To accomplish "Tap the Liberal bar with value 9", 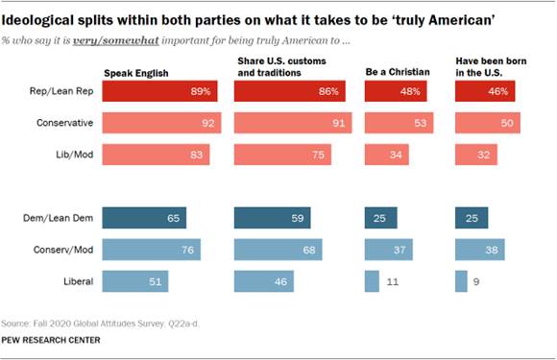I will [461, 281].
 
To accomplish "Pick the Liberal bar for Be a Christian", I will [371, 281].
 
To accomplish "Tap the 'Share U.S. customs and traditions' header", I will [272, 68].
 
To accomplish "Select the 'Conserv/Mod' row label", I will [62, 251].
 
